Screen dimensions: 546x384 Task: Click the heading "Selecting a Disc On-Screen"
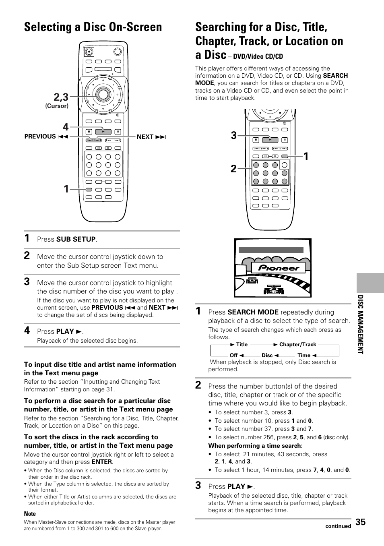pyautogui.click(x=93, y=27)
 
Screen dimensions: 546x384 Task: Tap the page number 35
pyautogui.click(x=361, y=522)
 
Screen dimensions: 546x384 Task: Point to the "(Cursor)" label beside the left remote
pyautogui.click(x=57, y=106)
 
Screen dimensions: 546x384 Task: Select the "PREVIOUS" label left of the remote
pyautogui.click(x=40, y=136)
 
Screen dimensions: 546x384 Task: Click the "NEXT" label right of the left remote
pyautogui.click(x=145, y=137)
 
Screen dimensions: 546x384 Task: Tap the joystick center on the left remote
pyautogui.click(x=103, y=94)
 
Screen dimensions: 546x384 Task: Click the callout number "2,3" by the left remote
pyautogui.click(x=60, y=97)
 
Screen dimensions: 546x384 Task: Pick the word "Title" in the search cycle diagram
pyautogui.click(x=242, y=344)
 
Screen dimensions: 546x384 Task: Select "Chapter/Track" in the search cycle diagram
pyautogui.click(x=298, y=344)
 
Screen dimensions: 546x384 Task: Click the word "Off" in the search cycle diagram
pyautogui.click(x=233, y=356)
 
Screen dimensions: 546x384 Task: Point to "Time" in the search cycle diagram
pyautogui.click(x=304, y=356)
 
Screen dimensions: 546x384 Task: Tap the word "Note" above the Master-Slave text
pyautogui.click(x=30, y=513)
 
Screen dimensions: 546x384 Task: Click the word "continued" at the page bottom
pyautogui.click(x=338, y=526)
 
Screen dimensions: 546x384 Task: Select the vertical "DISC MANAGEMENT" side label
pyautogui.click(x=361, y=325)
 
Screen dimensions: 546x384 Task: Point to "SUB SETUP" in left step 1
pyautogui.click(x=76, y=239)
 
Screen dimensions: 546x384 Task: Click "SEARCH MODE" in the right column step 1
pyautogui.click(x=253, y=312)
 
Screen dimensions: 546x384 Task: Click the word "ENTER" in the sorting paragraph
pyautogui.click(x=102, y=462)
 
